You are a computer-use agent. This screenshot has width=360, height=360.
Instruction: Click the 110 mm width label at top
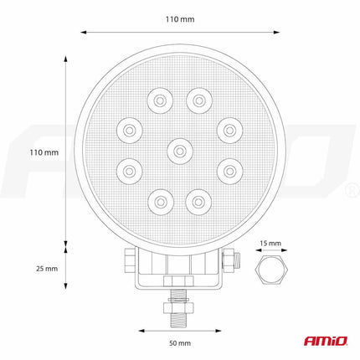pos(180,18)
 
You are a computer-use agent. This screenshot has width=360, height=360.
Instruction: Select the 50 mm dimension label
pos(179,343)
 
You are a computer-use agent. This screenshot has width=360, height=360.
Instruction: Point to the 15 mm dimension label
pos(270,243)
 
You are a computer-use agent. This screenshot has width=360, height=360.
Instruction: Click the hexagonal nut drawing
pos(270,270)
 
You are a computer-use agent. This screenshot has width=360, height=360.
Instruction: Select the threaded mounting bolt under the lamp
pos(177,310)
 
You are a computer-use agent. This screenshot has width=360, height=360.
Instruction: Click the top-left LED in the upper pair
pos(158,101)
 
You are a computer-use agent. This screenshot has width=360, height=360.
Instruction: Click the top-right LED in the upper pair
pos(198,101)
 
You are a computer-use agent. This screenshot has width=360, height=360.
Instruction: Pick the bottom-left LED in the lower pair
pos(158,199)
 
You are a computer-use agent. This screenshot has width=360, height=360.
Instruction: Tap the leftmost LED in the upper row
pos(129,129)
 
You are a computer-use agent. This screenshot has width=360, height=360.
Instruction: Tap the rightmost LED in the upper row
pos(227,129)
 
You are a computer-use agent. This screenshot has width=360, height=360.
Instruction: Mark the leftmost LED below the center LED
pos(129,171)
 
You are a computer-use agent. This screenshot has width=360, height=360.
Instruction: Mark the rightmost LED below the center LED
pos(227,171)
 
